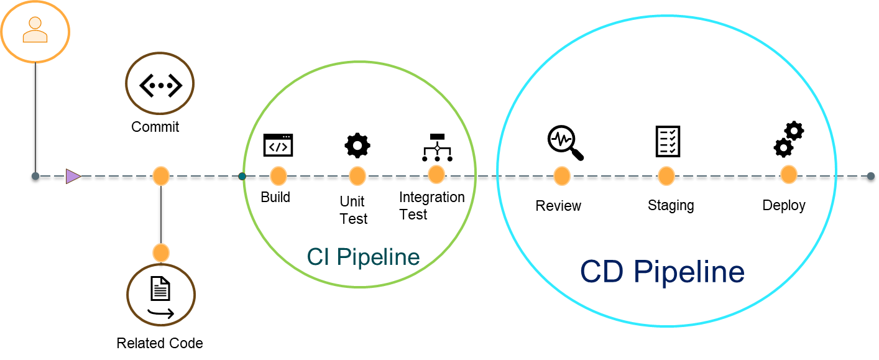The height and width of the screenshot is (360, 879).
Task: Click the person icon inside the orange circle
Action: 35,30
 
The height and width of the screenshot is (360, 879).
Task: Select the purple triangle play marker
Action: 73,177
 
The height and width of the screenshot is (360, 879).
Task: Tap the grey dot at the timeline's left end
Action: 35,176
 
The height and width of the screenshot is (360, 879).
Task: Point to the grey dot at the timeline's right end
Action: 871,176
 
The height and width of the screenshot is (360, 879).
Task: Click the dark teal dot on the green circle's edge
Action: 242,176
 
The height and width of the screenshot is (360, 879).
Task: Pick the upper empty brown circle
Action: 160,83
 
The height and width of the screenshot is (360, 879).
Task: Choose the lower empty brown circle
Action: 161,294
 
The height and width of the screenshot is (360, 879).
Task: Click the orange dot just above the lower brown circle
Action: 161,252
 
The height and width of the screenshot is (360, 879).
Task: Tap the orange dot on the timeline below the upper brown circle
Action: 161,176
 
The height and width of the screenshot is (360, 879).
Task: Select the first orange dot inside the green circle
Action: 278,176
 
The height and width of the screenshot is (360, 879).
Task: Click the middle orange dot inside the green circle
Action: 357,176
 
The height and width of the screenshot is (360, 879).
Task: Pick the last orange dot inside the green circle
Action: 436,175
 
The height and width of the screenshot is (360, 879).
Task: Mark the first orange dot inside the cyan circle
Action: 562,176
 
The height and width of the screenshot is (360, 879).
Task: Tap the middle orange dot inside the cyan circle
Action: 666,176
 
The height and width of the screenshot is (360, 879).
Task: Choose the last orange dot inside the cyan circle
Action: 789,175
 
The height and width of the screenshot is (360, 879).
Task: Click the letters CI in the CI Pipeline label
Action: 318,257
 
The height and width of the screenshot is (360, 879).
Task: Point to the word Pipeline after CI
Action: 379,257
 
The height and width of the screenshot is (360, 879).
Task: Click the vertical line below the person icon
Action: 35,118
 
